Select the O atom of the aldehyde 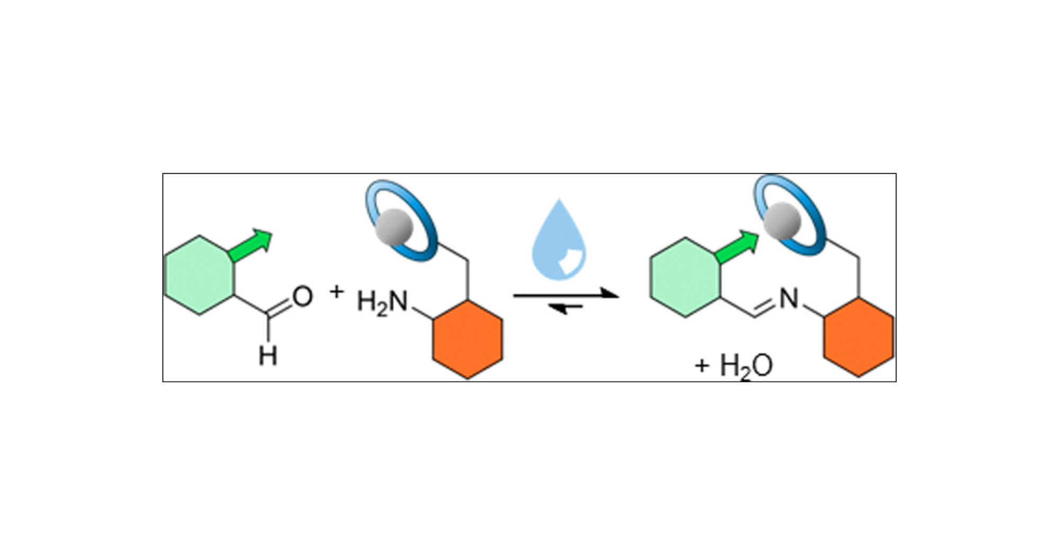[x=302, y=297]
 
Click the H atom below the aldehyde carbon [x=268, y=355]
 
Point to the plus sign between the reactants [x=337, y=291]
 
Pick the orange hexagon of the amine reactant [x=468, y=339]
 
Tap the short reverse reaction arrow [x=566, y=307]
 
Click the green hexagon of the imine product [x=685, y=277]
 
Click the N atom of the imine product [x=788, y=299]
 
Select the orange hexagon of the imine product [x=858, y=337]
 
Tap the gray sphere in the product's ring [x=782, y=220]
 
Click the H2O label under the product [x=747, y=365]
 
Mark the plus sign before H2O [x=702, y=365]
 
